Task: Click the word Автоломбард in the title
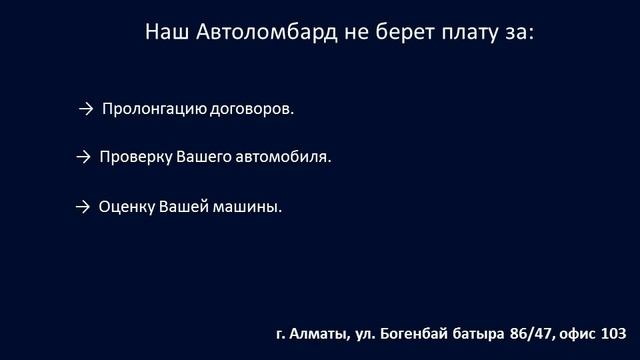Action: pyautogui.click(x=251, y=32)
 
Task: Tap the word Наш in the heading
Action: pyautogui.click(x=165, y=32)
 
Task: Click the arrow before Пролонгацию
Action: pyautogui.click(x=85, y=108)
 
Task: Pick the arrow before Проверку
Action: pyautogui.click(x=83, y=158)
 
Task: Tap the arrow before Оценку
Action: pyautogui.click(x=83, y=208)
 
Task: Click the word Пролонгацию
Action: pyautogui.click(x=155, y=109)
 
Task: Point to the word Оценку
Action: pyautogui.click(x=127, y=208)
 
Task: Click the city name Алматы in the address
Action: pyautogui.click(x=317, y=333)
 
